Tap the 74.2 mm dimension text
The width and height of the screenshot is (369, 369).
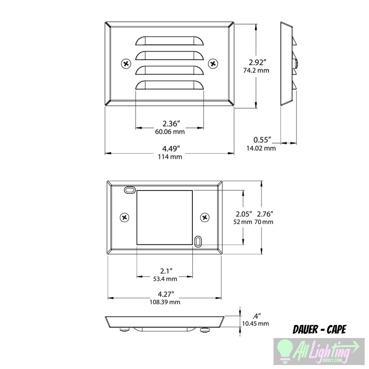256,71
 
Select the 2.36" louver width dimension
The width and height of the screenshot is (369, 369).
169,124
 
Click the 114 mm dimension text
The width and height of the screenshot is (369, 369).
170,157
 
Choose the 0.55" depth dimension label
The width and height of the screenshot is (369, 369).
262,140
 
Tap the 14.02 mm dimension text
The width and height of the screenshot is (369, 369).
261,148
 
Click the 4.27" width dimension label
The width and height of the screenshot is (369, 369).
165,294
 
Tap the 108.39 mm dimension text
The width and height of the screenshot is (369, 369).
165,302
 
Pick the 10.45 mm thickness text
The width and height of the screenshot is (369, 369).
255,324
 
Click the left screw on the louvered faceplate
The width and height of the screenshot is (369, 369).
126,64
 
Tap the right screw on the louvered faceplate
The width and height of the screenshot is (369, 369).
213,64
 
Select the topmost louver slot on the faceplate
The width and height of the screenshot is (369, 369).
169,41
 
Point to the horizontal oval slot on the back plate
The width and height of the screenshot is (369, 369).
129,190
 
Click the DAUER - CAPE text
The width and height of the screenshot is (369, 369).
319,329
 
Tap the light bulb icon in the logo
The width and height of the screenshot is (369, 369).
285,350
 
